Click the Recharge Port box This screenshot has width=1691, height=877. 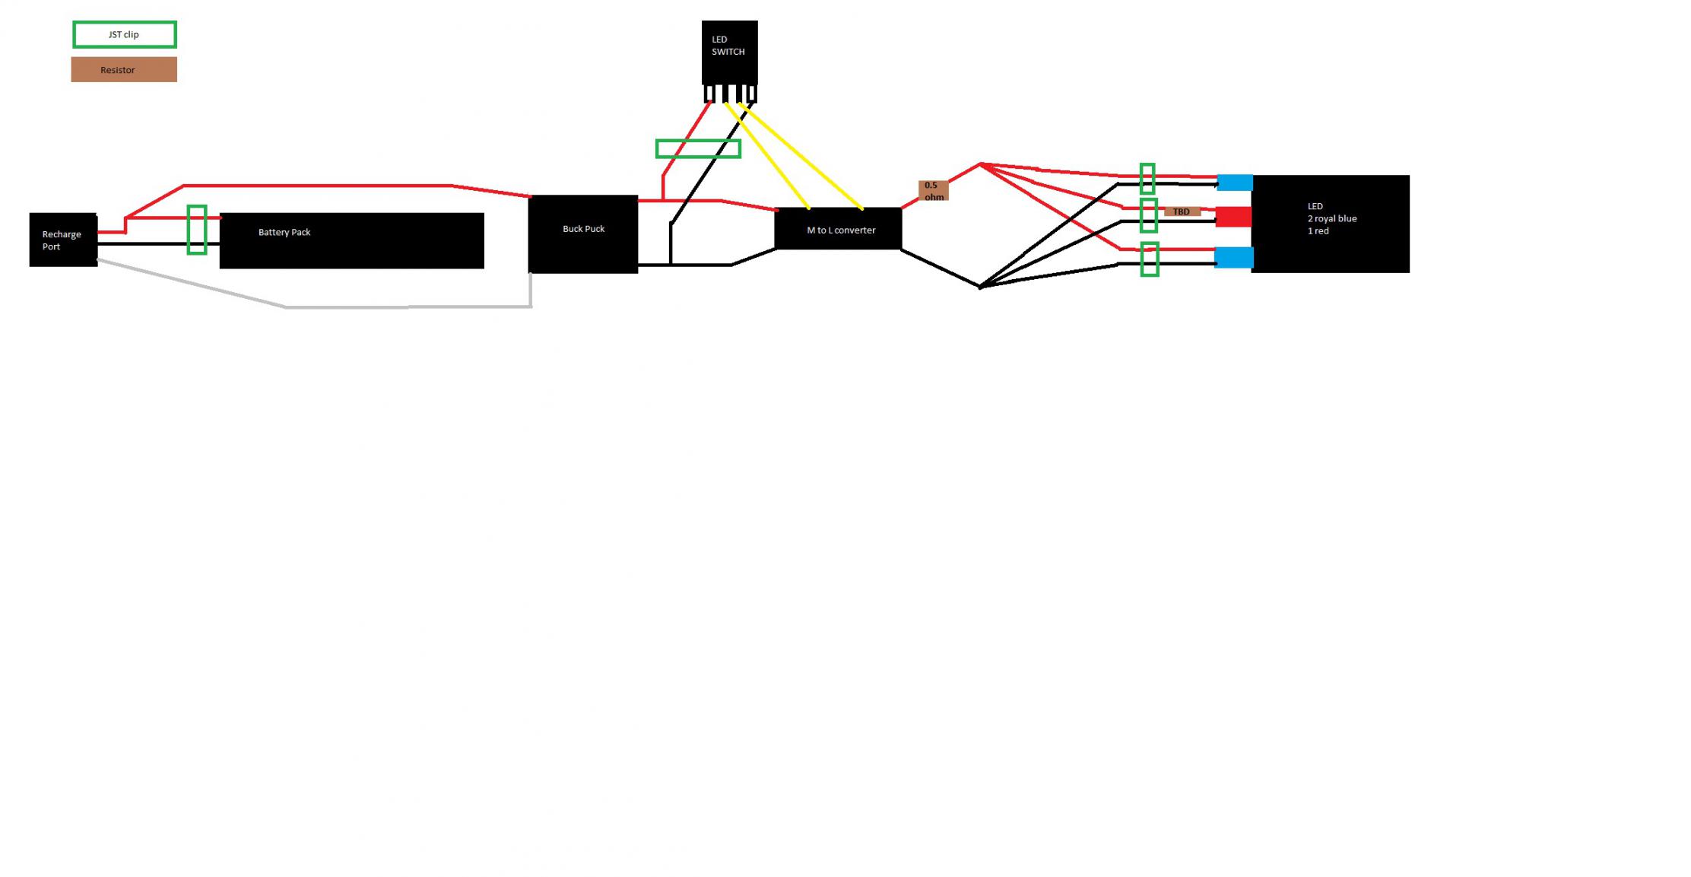(x=63, y=240)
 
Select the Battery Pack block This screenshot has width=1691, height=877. (x=351, y=240)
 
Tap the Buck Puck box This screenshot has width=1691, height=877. (x=583, y=234)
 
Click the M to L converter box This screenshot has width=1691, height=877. (x=838, y=228)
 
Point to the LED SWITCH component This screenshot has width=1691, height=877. (x=729, y=52)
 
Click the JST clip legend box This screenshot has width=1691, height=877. (x=125, y=35)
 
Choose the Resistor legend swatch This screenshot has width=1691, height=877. (x=124, y=70)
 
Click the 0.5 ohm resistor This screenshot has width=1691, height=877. (x=933, y=191)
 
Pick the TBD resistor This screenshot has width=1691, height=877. (x=1182, y=211)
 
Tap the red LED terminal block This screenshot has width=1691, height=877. (x=1233, y=217)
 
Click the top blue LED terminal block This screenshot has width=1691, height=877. (x=1235, y=183)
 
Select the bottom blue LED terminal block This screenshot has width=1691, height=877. (x=1233, y=258)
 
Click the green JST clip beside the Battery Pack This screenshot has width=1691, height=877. (x=197, y=230)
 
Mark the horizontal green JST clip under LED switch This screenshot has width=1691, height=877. (x=698, y=148)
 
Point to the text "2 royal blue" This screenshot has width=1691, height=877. (x=1332, y=218)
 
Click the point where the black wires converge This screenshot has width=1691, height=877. (x=980, y=287)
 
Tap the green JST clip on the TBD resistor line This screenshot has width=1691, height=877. (x=1149, y=215)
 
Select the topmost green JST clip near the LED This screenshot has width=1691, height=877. (x=1147, y=179)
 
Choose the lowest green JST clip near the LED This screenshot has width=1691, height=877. (x=1150, y=259)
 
